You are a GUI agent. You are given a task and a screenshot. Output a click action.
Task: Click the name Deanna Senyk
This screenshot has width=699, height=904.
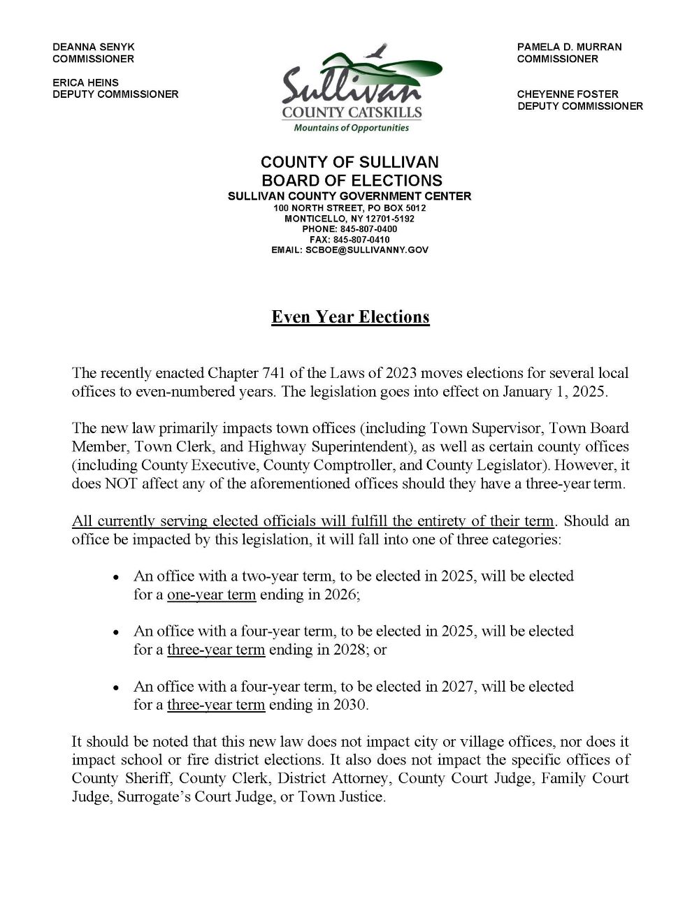pos(94,47)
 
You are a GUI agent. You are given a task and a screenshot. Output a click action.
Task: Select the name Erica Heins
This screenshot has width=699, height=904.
pos(85,82)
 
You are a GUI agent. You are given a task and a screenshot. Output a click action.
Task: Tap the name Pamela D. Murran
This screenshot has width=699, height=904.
pos(569,47)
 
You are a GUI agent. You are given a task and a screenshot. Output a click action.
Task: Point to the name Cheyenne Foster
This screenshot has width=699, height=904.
pos(568,94)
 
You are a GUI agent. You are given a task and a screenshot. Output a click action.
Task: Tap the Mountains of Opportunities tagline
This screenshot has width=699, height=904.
pos(351,128)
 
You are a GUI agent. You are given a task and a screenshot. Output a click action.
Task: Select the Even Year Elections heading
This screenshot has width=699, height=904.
pos(350,317)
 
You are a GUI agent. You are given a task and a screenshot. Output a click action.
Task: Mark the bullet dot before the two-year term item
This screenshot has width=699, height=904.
pos(116,577)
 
